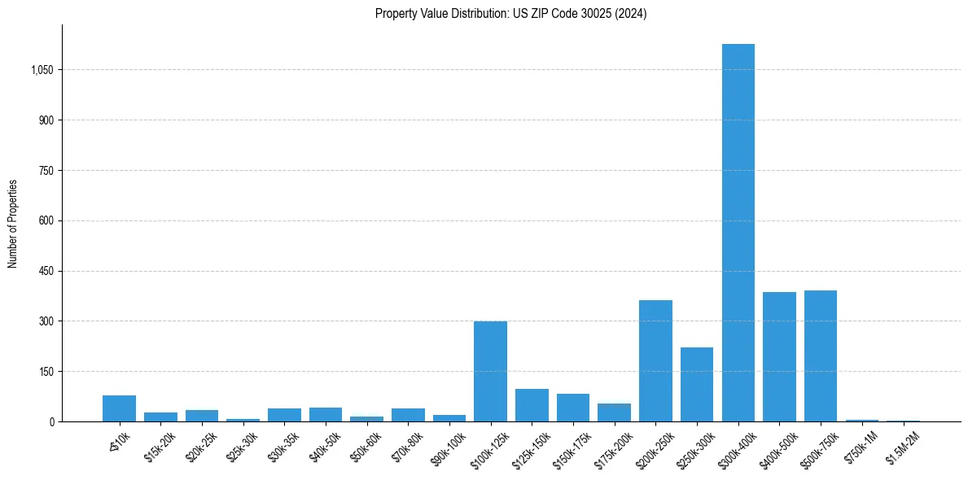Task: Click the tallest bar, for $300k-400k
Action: click(738, 233)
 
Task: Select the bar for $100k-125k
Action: click(490, 372)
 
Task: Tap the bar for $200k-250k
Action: click(655, 361)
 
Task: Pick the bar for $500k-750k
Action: click(821, 356)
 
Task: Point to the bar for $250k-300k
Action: click(697, 385)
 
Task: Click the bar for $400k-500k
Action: click(779, 357)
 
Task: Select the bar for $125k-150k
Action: click(532, 405)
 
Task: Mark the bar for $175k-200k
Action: click(614, 412)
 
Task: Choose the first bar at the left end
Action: click(119, 408)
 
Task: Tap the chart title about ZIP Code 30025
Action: click(510, 14)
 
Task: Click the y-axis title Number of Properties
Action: click(13, 223)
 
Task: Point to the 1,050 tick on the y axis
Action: click(42, 70)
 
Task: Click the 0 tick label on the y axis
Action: click(52, 421)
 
